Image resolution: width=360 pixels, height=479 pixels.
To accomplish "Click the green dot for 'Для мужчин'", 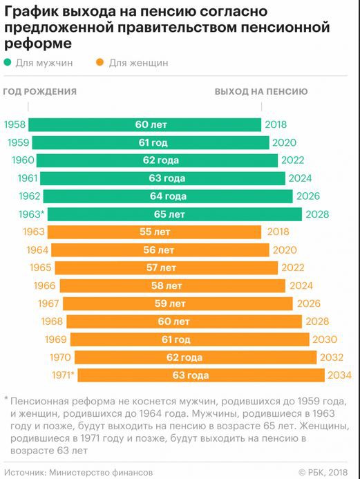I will [8, 63].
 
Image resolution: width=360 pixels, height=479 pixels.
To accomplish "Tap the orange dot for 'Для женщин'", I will [100, 63].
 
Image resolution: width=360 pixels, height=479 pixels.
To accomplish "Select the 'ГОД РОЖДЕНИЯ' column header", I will [39, 91].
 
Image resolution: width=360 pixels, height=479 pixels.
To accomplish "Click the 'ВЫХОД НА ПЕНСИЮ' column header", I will [261, 91].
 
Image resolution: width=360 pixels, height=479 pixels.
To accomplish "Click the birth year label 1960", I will [23, 160].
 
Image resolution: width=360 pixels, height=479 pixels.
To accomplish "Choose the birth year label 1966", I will [43, 285].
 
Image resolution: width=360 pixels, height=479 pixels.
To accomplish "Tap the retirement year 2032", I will [332, 357].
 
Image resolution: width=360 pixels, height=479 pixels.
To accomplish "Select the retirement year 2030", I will [324, 339].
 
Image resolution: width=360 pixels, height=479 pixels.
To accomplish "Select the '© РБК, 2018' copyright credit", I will [324, 472].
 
